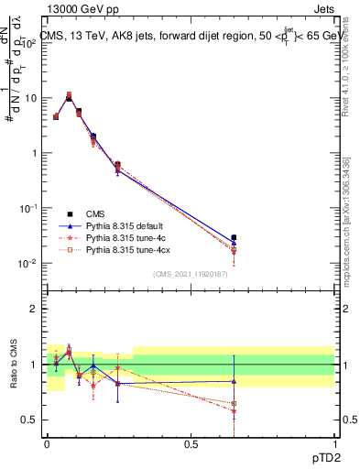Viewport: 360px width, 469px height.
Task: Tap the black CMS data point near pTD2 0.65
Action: point(234,238)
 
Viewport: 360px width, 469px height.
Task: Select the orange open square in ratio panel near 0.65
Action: point(234,403)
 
